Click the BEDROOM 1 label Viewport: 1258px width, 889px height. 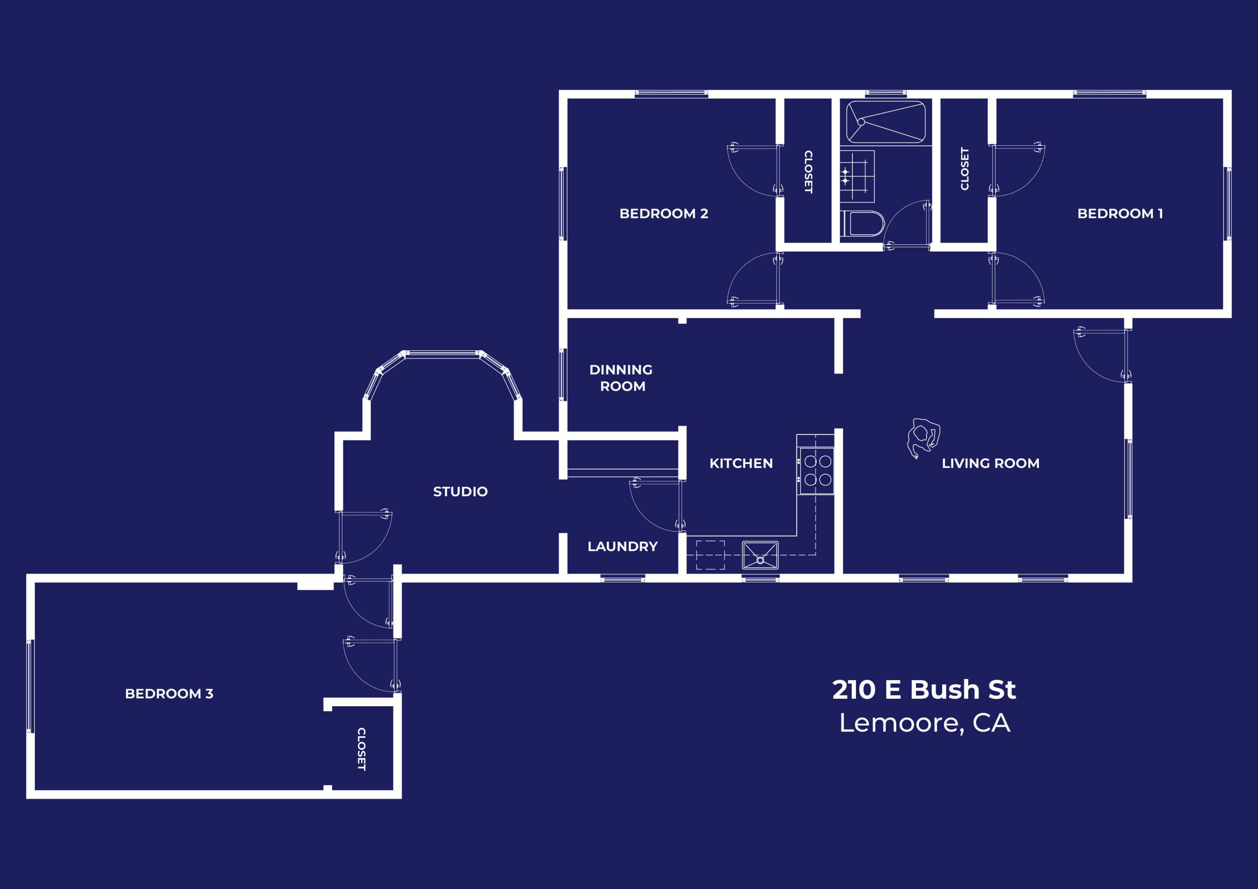click(x=1119, y=214)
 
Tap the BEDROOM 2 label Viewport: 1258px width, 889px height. click(x=663, y=214)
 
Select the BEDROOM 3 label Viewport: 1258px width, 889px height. click(x=169, y=693)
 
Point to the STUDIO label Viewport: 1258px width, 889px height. click(x=460, y=491)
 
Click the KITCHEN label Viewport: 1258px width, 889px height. click(x=741, y=464)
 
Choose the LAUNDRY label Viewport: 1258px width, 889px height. click(x=622, y=546)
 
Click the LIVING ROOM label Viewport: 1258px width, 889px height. click(x=990, y=464)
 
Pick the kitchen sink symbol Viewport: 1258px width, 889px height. click(x=760, y=555)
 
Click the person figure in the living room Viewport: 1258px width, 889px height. click(x=923, y=437)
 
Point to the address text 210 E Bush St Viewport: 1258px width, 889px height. click(x=924, y=689)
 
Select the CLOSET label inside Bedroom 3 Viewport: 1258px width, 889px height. click(x=361, y=749)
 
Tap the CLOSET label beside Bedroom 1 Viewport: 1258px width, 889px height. click(x=964, y=169)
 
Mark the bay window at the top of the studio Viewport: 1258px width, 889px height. click(x=443, y=355)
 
